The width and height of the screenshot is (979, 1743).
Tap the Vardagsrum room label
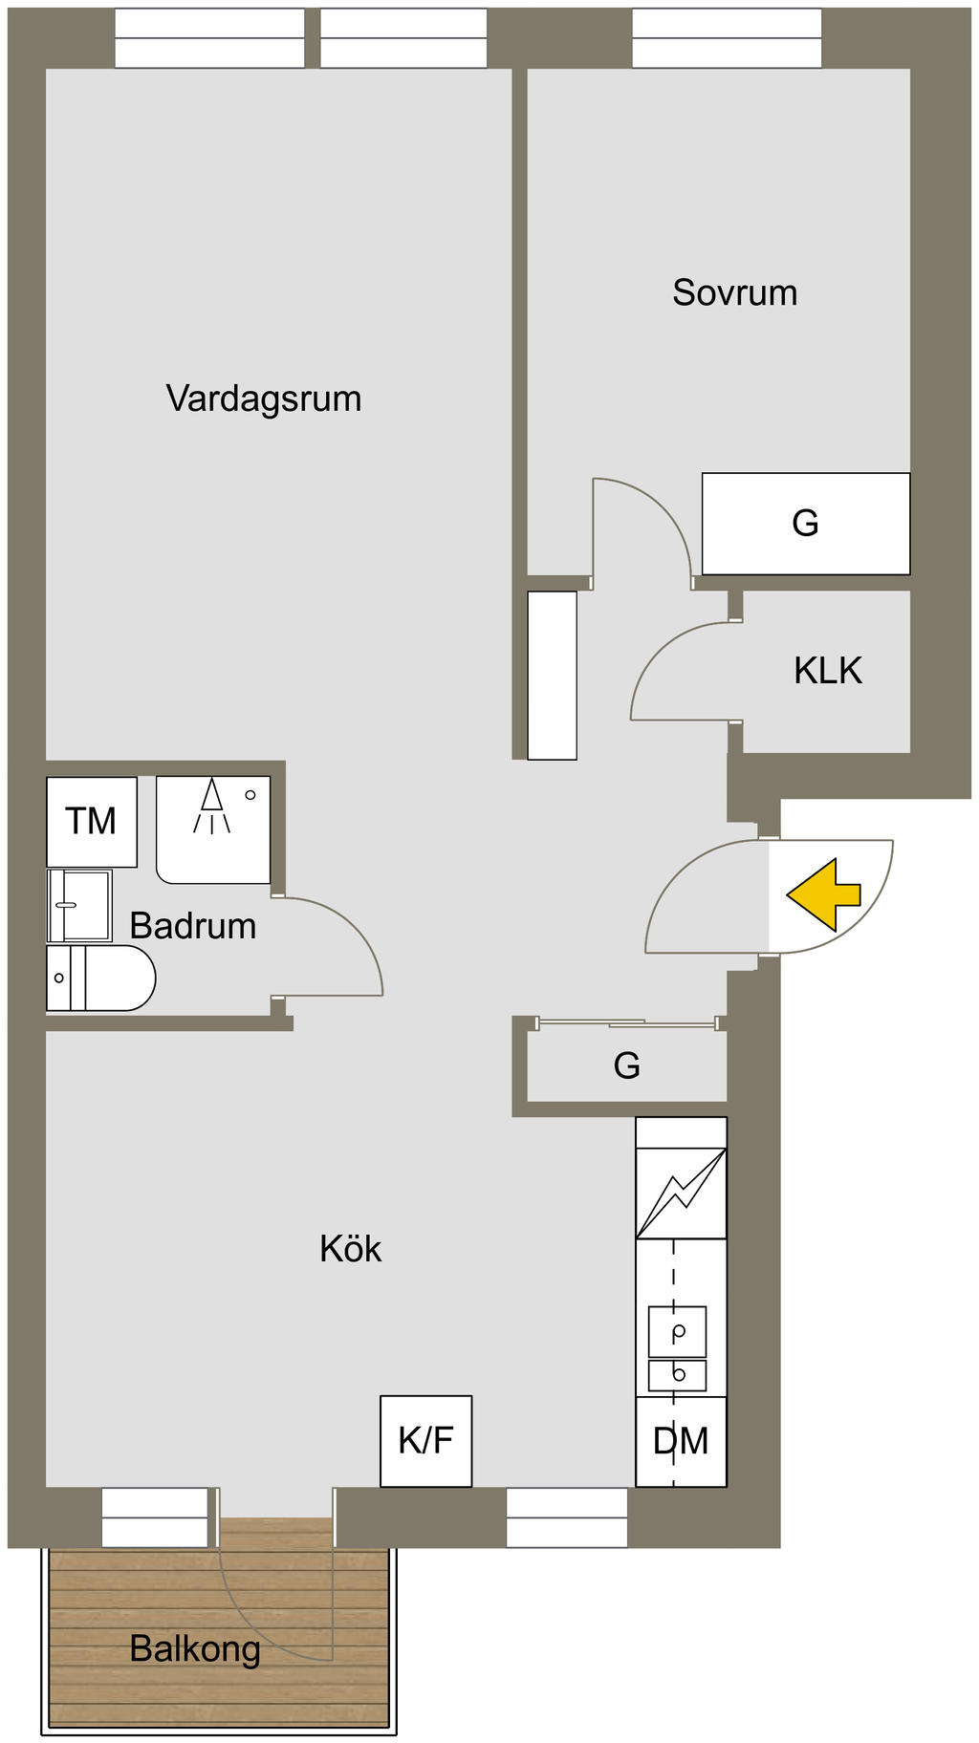click(x=264, y=398)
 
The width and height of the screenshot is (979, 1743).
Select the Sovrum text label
click(x=734, y=292)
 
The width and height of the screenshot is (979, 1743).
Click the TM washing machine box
click(x=92, y=822)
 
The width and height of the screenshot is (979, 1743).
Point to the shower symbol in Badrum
click(x=212, y=807)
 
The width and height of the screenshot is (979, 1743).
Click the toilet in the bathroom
click(x=100, y=978)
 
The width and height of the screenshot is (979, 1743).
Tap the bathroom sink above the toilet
click(x=79, y=905)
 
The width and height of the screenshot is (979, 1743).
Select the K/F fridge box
click(x=425, y=1441)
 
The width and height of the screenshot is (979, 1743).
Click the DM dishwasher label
click(x=681, y=1441)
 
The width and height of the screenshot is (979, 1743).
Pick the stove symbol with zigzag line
click(x=682, y=1193)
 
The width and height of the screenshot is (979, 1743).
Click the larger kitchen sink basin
click(x=678, y=1331)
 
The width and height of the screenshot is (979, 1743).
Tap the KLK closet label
click(x=828, y=671)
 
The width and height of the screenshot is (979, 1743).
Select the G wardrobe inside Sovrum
click(x=806, y=524)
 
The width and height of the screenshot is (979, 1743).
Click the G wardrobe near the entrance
click(x=627, y=1065)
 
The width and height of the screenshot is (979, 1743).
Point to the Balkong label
click(x=195, y=1648)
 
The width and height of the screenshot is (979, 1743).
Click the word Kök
click(x=351, y=1249)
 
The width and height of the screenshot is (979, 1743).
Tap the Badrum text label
click(x=193, y=926)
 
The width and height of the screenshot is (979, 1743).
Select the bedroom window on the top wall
click(x=727, y=38)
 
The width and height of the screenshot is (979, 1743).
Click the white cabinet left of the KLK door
click(x=553, y=676)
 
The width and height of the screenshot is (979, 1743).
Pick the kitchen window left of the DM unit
click(x=567, y=1517)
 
